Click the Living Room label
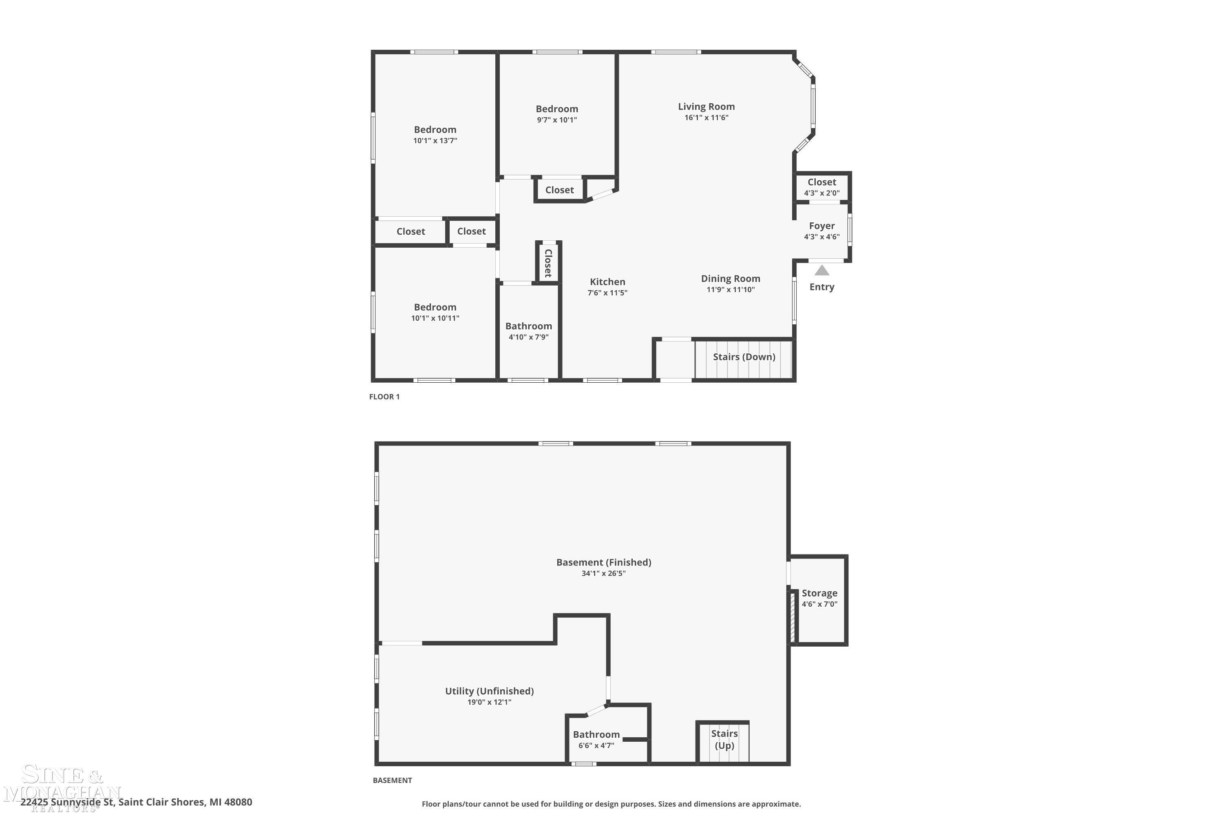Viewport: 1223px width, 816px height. click(706, 106)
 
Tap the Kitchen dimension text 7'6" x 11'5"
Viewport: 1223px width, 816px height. click(607, 293)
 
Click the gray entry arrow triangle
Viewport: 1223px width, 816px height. click(821, 271)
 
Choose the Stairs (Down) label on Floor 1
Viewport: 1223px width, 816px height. click(744, 357)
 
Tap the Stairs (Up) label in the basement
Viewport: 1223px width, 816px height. click(724, 739)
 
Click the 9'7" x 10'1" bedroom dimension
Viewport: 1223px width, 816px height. click(557, 120)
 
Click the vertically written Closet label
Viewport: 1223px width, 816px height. click(548, 263)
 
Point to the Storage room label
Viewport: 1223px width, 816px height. click(819, 593)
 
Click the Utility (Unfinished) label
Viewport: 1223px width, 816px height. click(489, 691)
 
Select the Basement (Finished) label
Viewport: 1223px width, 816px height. click(604, 562)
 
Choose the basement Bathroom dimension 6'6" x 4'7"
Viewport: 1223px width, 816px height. click(596, 745)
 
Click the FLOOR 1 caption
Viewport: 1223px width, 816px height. click(384, 397)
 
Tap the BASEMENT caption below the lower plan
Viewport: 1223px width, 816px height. click(392, 780)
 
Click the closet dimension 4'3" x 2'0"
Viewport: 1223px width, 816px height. click(821, 193)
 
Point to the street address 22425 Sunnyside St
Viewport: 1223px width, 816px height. click(67, 802)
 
